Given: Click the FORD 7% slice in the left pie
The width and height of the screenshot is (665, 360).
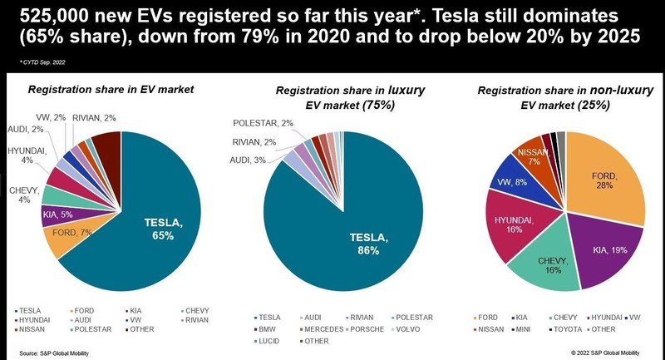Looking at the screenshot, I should pyautogui.click(x=71, y=236).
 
